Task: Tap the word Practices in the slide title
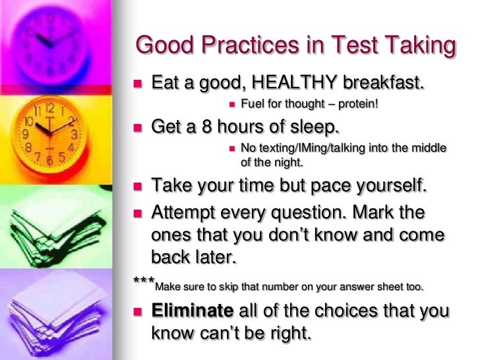tap(251, 47)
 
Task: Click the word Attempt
tap(185, 213)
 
